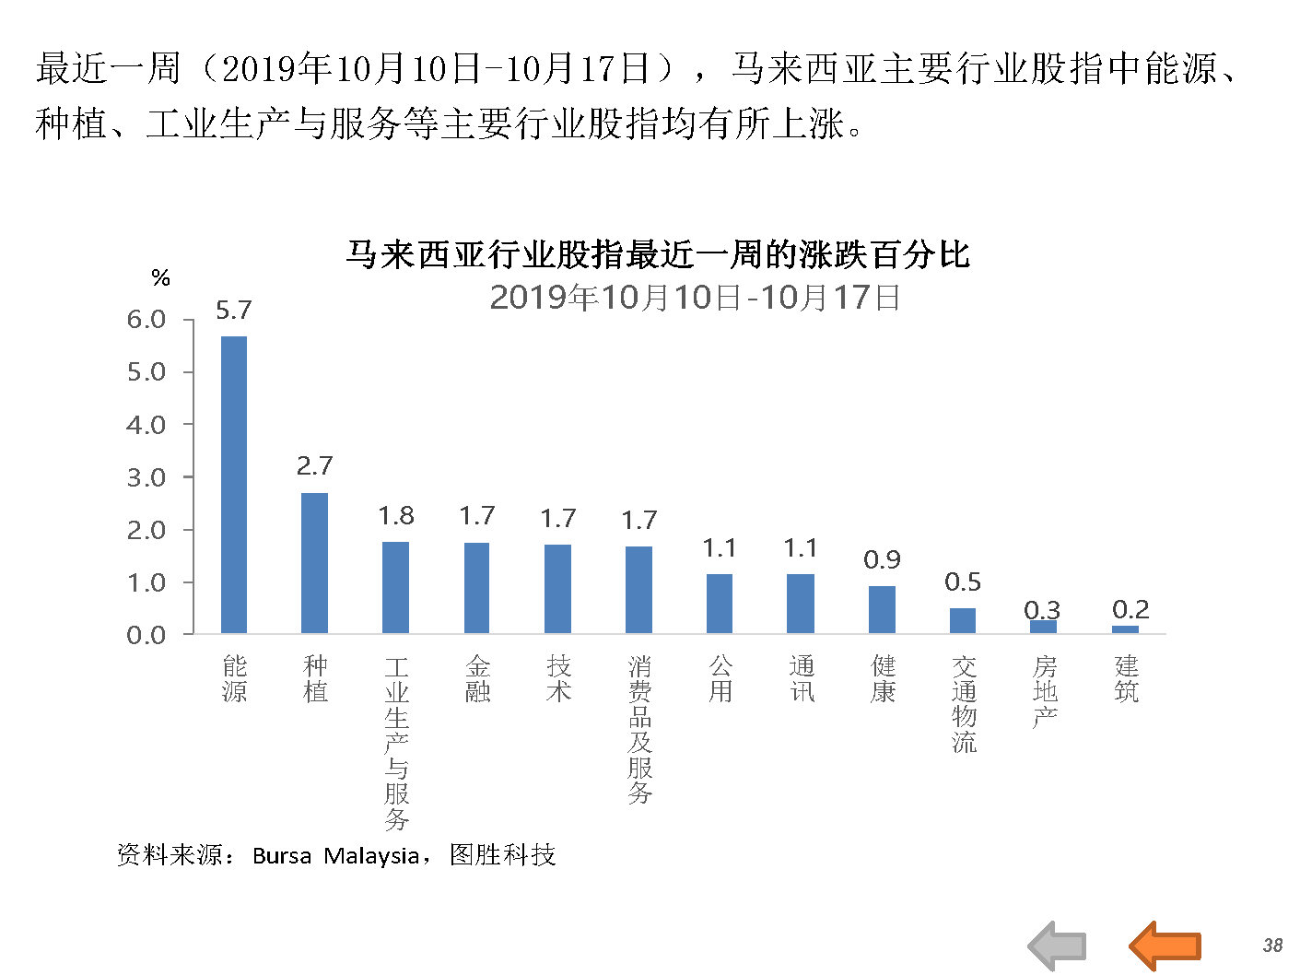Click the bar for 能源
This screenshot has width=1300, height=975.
[234, 485]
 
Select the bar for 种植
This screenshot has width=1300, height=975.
[314, 563]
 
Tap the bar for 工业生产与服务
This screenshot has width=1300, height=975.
[395, 587]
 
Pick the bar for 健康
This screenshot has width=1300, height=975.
[882, 610]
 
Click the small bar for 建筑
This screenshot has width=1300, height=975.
[1125, 630]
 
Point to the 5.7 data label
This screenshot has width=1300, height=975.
[234, 311]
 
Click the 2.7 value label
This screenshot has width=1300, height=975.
[314, 466]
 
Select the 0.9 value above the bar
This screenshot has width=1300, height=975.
[882, 560]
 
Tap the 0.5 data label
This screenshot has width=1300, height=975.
[963, 582]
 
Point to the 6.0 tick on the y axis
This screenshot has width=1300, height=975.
[146, 320]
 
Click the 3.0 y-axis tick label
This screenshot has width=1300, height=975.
[146, 477]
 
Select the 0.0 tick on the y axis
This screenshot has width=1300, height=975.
[146, 635]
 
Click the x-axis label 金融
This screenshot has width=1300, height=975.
[477, 679]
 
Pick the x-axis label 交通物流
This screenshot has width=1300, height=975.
[964, 704]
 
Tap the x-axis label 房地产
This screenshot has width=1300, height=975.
[1045, 691]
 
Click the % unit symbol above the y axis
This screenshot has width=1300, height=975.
[161, 278]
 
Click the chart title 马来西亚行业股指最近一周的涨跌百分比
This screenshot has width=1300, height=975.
[658, 254]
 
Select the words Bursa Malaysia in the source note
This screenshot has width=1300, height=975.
[335, 856]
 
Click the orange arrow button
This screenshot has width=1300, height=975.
[1165, 946]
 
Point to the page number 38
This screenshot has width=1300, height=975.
[1272, 945]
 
